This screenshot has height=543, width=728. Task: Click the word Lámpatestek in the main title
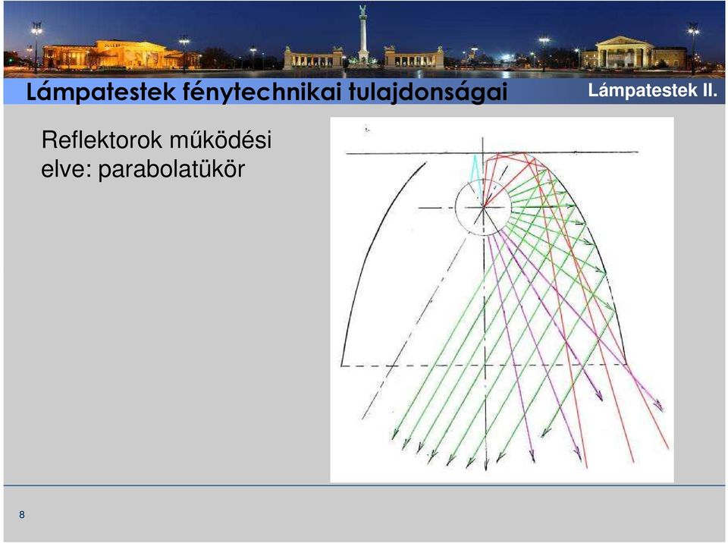(101, 92)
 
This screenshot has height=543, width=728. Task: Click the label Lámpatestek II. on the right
(652, 90)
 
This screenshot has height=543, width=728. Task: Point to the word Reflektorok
(102, 140)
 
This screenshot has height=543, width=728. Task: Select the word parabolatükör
(171, 168)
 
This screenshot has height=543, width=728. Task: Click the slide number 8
(22, 514)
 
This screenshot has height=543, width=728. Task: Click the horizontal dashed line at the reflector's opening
(484, 365)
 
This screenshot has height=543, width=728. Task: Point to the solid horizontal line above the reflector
(492, 152)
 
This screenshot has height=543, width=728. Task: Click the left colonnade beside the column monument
(313, 58)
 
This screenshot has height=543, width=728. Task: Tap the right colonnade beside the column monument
(413, 58)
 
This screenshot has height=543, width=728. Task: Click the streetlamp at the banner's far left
(36, 46)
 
